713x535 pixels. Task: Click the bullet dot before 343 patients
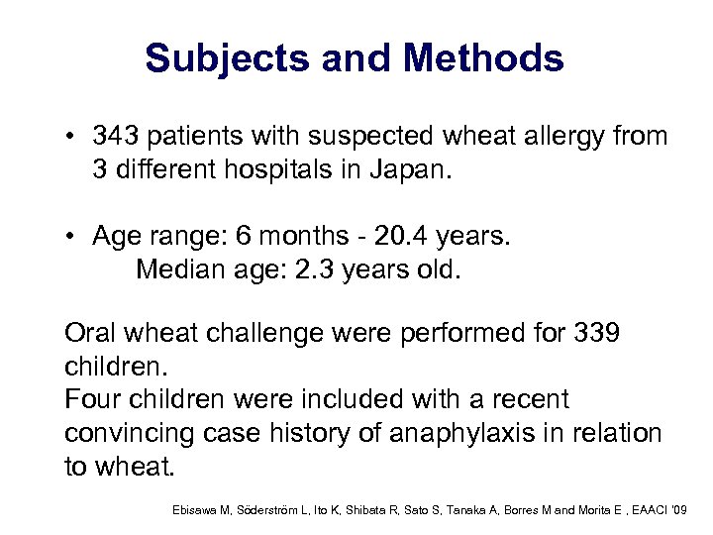tap(71, 135)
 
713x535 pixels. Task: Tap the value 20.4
tap(415, 237)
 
